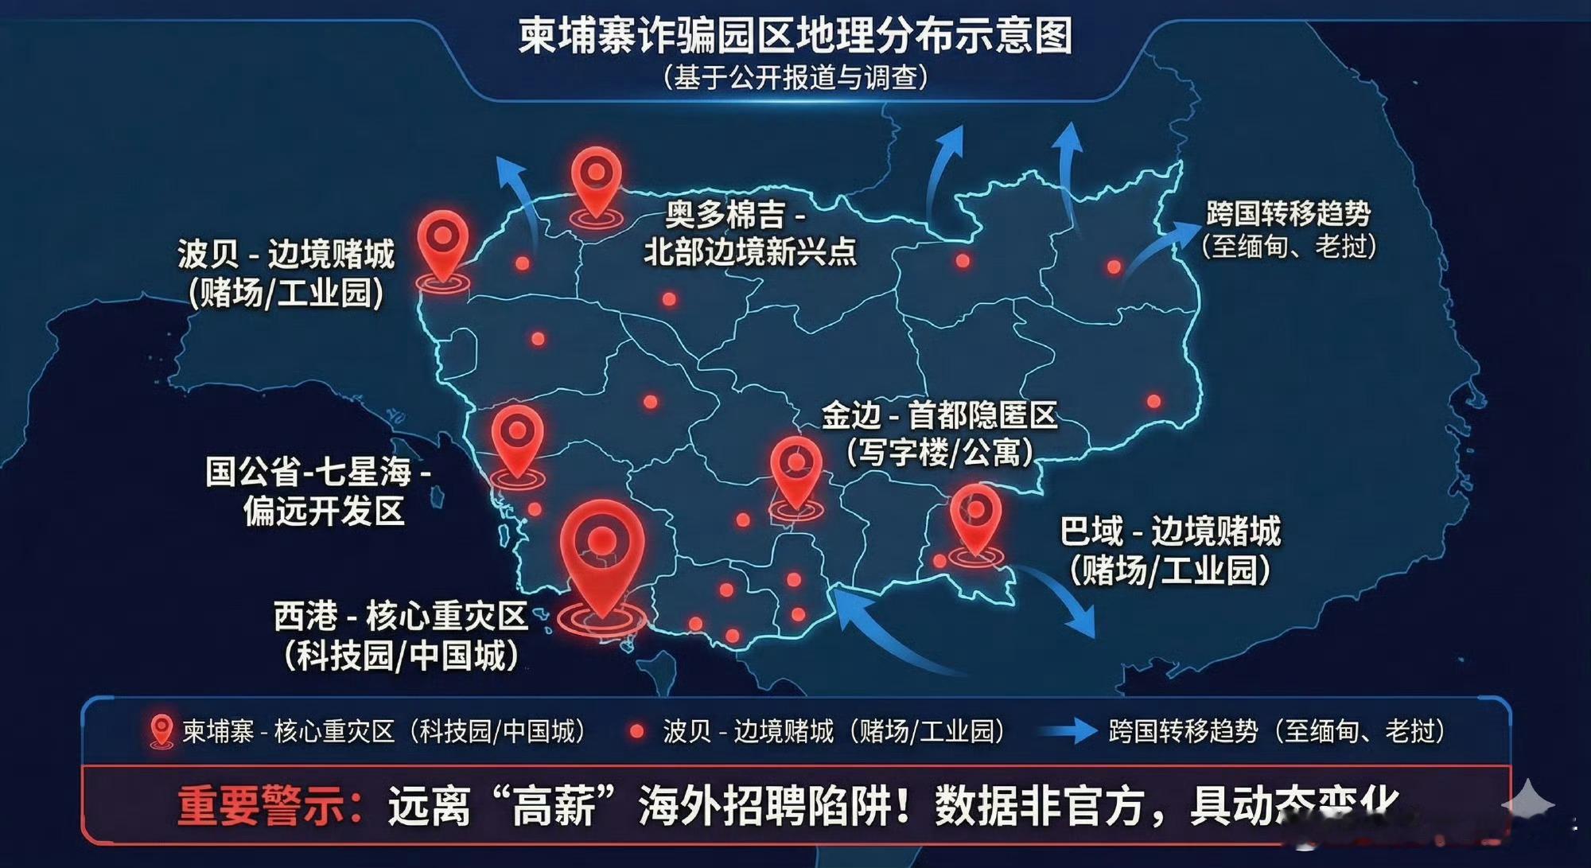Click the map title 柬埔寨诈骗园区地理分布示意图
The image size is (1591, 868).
tap(795, 37)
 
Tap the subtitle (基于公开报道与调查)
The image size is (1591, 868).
tap(795, 78)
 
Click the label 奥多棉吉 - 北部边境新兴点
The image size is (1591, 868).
tap(749, 233)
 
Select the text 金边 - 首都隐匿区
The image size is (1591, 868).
tap(939, 415)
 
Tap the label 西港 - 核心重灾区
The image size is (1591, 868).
tap(401, 617)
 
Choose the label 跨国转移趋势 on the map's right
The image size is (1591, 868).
tap(1288, 213)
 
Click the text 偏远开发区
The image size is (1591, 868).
tap(324, 511)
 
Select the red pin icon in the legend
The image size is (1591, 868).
tap(161, 730)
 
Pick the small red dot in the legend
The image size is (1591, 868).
tap(636, 731)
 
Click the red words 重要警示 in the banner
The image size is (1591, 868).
tap(263, 806)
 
